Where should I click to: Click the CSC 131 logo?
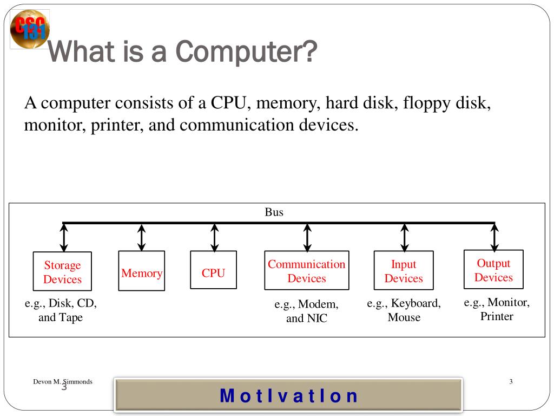[29, 29]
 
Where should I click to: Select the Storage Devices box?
[62, 272]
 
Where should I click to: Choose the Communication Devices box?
[306, 270]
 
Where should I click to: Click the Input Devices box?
[404, 271]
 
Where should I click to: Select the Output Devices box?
[493, 269]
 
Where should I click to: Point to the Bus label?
[274, 212]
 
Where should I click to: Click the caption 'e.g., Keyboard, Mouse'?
[404, 310]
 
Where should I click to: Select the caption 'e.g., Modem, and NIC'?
[307, 311]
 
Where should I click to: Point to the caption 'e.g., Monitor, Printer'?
[497, 309]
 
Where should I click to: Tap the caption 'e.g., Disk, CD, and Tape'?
[61, 310]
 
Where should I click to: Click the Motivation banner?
[288, 395]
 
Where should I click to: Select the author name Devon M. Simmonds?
[62, 381]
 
